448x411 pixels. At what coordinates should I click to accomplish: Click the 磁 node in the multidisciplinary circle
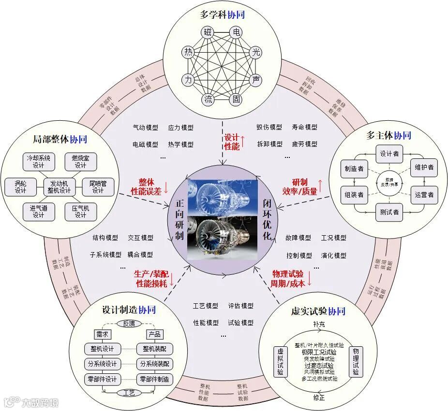pyautogui.click(x=208, y=33)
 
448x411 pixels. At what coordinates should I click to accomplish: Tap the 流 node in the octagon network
pyautogui.click(x=208, y=100)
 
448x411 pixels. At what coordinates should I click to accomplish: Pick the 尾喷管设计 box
pyautogui.click(x=98, y=186)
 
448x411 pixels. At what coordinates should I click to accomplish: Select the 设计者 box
pyautogui.click(x=389, y=154)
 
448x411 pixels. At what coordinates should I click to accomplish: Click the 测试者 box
pyautogui.click(x=389, y=212)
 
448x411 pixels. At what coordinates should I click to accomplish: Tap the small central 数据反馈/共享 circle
pyautogui.click(x=389, y=183)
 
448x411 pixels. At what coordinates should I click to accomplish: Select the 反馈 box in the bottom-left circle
pyautogui.click(x=129, y=323)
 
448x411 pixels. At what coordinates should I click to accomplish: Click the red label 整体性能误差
pyautogui.click(x=150, y=186)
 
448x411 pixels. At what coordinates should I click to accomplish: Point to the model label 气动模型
pyautogui.click(x=145, y=128)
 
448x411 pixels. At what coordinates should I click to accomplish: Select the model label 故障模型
pyautogui.click(x=298, y=238)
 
